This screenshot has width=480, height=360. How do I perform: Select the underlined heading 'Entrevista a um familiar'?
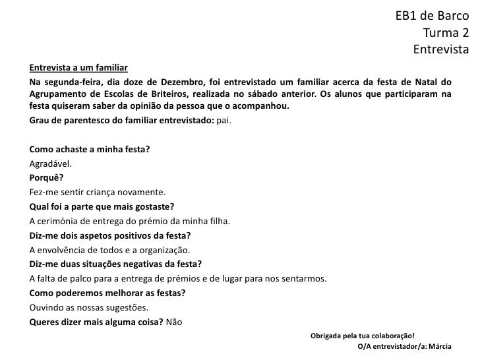pyautogui.click(x=78, y=69)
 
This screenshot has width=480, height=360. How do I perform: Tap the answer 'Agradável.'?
pyautogui.click(x=50, y=164)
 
